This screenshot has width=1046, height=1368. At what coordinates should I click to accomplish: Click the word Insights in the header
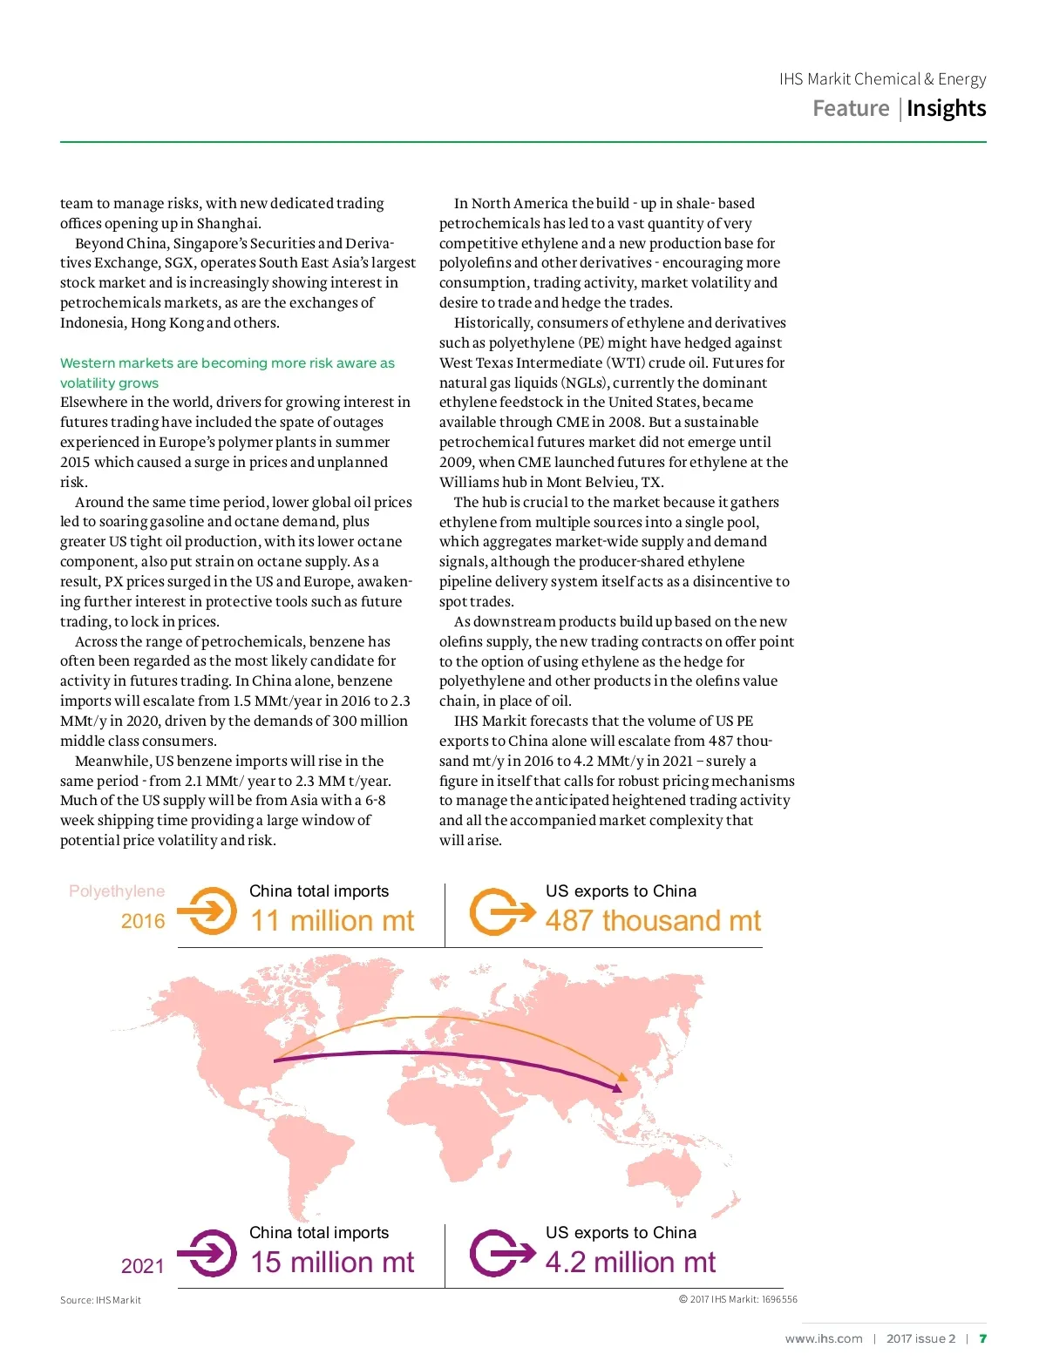(x=946, y=108)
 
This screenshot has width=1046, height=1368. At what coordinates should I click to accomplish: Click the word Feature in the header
(x=851, y=108)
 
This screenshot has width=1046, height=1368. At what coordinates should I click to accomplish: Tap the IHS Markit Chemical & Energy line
(x=882, y=79)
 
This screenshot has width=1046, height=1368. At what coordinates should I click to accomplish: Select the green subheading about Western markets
(x=227, y=372)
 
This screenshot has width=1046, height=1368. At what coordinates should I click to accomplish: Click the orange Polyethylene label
(x=117, y=891)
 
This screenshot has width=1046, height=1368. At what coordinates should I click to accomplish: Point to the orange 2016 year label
(x=143, y=921)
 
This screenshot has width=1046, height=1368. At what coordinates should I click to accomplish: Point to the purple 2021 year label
(x=143, y=1265)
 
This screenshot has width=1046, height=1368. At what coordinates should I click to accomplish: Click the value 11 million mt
(x=332, y=920)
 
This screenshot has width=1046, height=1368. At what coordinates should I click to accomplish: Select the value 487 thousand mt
(x=653, y=920)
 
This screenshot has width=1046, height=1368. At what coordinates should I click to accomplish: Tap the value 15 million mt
(x=332, y=1262)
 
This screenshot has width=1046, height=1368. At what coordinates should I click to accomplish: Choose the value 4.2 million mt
(x=630, y=1262)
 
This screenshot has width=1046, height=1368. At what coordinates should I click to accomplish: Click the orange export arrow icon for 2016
(x=500, y=911)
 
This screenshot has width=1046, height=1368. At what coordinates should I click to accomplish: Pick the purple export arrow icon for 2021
(x=500, y=1253)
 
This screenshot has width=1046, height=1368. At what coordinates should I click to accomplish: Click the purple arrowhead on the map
(x=617, y=1087)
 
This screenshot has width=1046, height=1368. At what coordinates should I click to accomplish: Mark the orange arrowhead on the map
(x=622, y=1077)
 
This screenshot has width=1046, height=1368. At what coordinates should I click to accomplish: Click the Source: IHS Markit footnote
(x=100, y=1300)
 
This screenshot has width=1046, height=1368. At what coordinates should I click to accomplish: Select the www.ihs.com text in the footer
(x=824, y=1338)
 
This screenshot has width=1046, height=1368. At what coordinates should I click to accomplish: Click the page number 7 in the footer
(x=982, y=1338)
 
